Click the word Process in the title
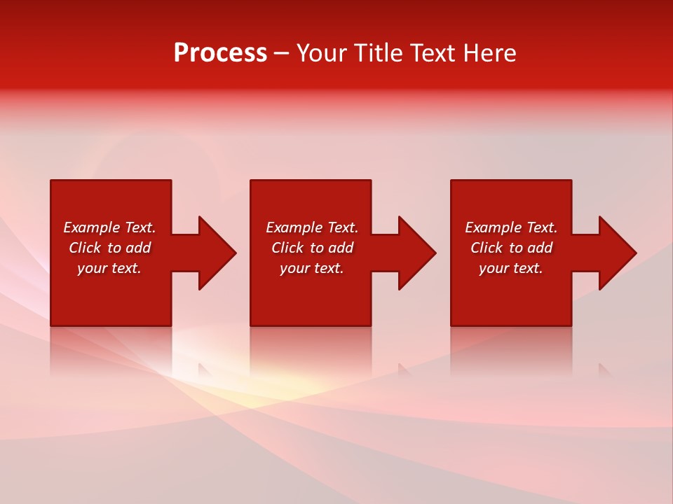tap(220, 53)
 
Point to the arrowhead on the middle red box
tap(416, 253)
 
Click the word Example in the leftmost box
tap(91, 227)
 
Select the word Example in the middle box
tap(294, 227)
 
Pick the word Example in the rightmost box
tap(493, 227)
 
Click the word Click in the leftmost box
tap(85, 248)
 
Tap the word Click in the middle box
tap(287, 248)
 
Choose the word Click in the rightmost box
tap(487, 248)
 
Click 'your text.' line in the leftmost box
tap(109, 268)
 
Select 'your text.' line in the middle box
tap(312, 268)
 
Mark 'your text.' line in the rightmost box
tap(511, 268)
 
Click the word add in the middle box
tap(341, 248)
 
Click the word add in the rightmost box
tap(540, 248)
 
